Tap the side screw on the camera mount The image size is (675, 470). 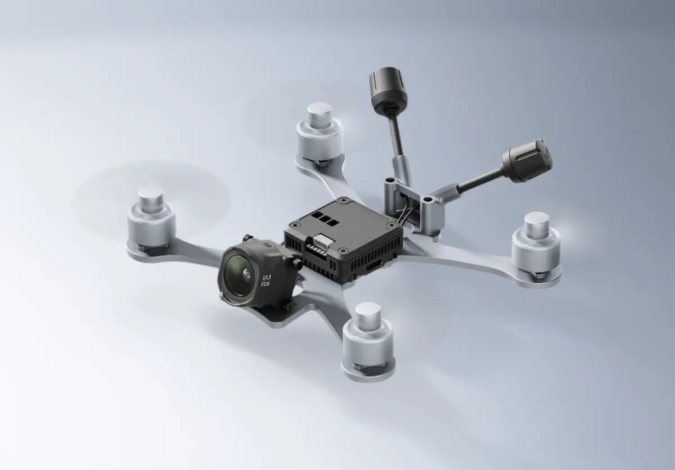click(x=295, y=262)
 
